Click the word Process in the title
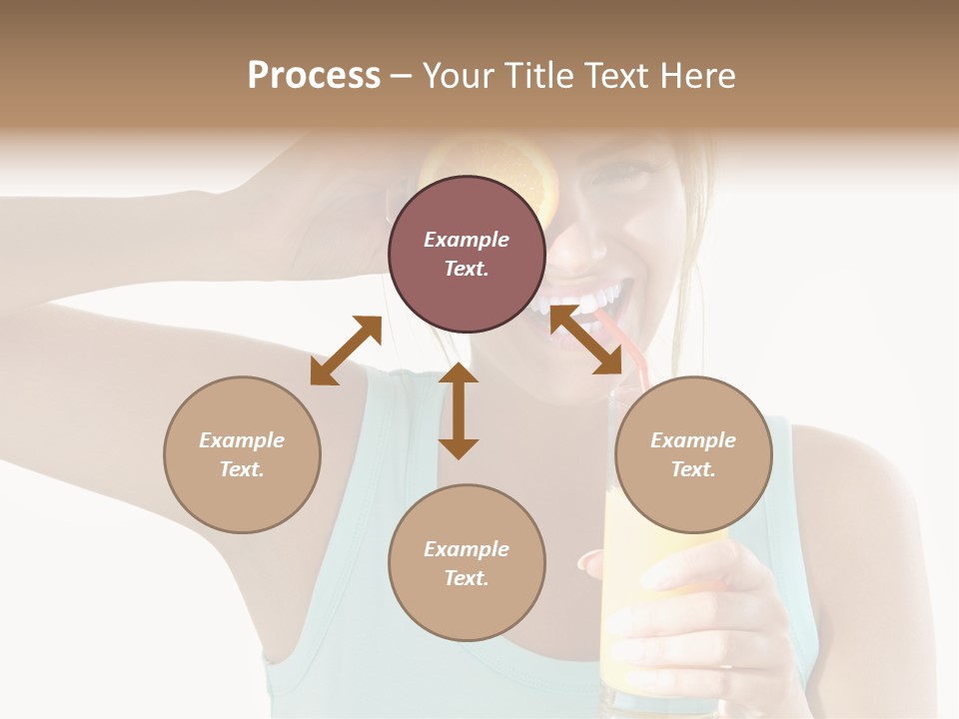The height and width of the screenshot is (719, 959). [x=314, y=76]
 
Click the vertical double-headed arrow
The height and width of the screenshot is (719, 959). [x=459, y=410]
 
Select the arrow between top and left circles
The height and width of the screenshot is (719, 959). [x=346, y=351]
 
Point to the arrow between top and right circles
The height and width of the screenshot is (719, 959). [x=585, y=340]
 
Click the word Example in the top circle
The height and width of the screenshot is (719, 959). [x=467, y=240]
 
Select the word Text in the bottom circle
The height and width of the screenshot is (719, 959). [x=467, y=578]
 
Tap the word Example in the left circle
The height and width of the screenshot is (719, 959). [x=242, y=440]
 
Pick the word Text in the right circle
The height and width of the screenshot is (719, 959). [x=693, y=469]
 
